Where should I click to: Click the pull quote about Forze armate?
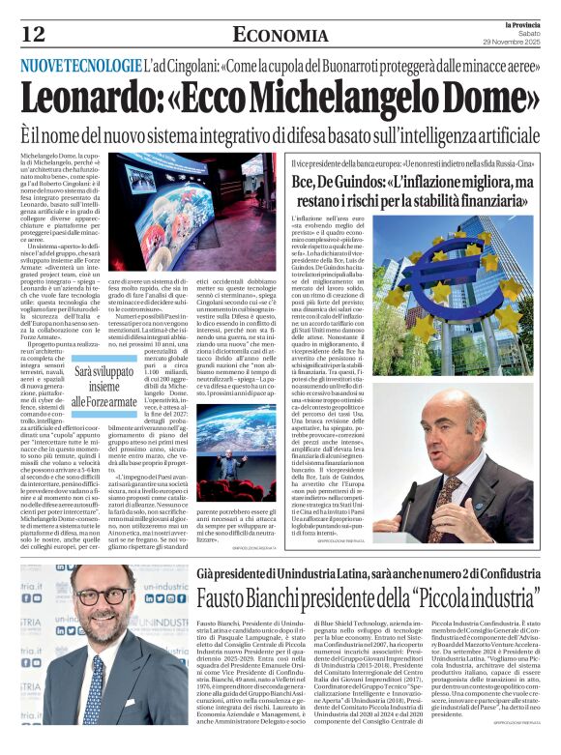tap(107, 386)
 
